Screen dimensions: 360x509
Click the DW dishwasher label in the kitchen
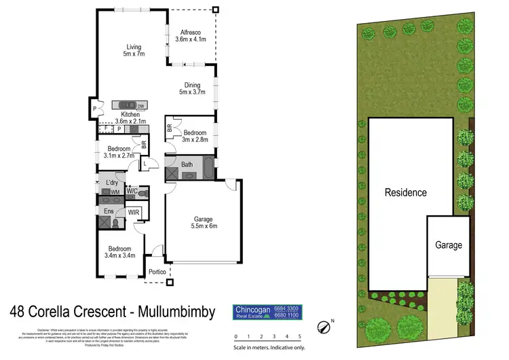(140, 106)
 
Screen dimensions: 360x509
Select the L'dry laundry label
(109, 183)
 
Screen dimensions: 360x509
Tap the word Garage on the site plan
(449, 245)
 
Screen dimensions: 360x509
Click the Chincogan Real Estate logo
(267, 312)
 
